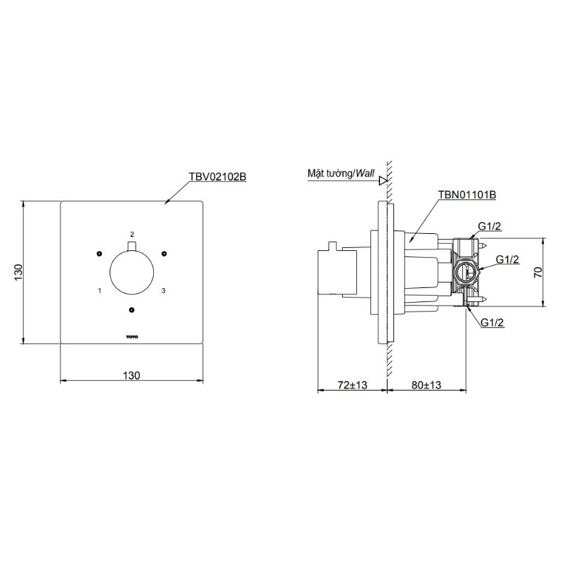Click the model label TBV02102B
(218, 177)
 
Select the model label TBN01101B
(467, 195)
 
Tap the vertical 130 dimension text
(19, 273)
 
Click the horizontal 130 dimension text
(131, 375)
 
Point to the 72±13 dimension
(353, 385)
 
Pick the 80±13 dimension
(426, 385)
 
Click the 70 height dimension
(538, 273)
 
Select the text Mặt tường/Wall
(341, 174)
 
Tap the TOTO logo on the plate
(131, 337)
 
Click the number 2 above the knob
(132, 234)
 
